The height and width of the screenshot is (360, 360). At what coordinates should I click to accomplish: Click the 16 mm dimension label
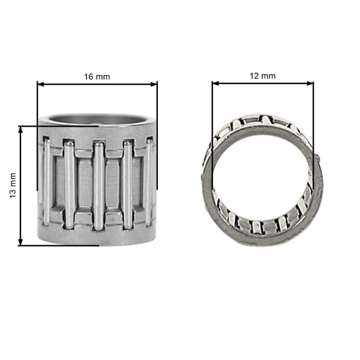point(97,77)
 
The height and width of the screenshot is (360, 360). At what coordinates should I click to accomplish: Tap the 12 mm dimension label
point(262,76)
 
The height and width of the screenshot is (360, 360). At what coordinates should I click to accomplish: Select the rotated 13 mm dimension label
point(13,185)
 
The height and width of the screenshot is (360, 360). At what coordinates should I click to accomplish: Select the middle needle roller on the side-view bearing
point(98,185)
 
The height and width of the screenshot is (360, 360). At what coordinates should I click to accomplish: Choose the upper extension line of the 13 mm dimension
point(60,126)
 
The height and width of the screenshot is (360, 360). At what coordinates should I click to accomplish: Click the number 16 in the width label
point(89,77)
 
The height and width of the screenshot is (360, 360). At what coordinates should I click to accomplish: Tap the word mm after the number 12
point(269,76)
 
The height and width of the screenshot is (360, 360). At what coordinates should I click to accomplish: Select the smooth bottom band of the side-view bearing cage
point(97,237)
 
